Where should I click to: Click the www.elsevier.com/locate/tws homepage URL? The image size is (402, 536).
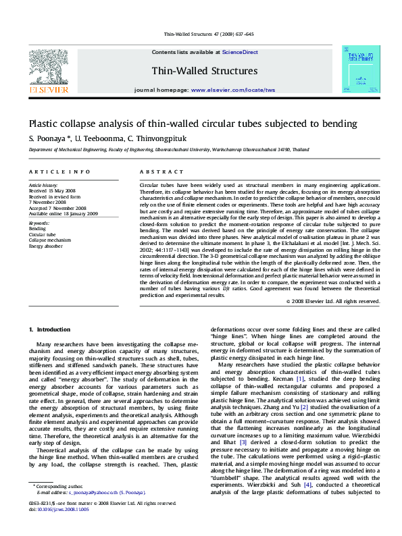[x=233, y=90]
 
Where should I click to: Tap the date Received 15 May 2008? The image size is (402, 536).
[x=52, y=190]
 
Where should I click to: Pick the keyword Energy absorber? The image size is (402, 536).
[x=46, y=246]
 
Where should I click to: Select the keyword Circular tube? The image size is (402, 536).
[x=43, y=234]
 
